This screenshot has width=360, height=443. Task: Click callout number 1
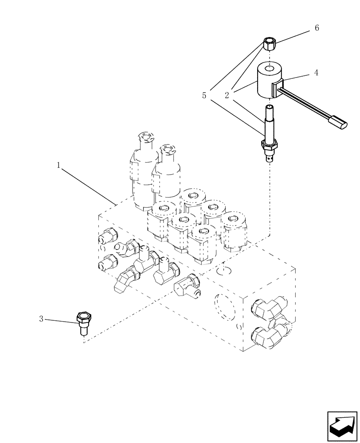click(x=59, y=165)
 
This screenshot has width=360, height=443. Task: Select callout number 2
click(x=227, y=95)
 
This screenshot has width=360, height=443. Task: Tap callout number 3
click(x=41, y=319)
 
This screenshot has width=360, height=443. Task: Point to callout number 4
click(x=316, y=73)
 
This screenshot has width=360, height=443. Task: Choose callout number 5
click(x=204, y=95)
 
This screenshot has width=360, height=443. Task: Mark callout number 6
click(x=317, y=28)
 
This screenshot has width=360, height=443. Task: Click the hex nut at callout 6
click(x=269, y=44)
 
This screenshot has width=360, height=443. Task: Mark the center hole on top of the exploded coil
click(x=269, y=69)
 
